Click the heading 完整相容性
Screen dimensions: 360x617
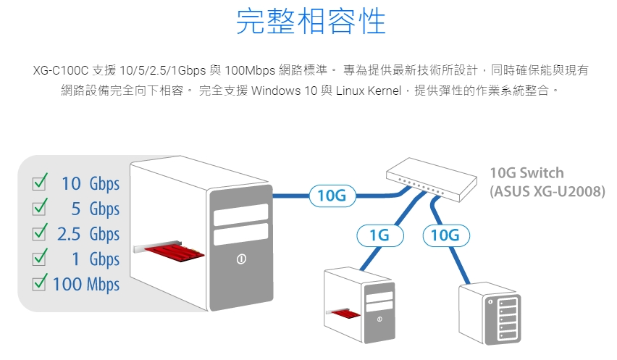click(311, 22)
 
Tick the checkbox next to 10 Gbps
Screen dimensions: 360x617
click(41, 183)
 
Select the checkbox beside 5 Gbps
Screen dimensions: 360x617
click(41, 209)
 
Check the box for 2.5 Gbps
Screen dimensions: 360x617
click(41, 233)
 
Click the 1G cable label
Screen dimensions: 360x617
click(379, 235)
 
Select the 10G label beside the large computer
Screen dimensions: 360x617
click(332, 196)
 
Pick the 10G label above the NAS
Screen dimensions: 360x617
click(445, 235)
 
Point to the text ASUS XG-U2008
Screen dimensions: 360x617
click(536, 192)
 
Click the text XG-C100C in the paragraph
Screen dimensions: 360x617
click(61, 72)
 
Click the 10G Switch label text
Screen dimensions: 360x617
click(526, 174)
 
